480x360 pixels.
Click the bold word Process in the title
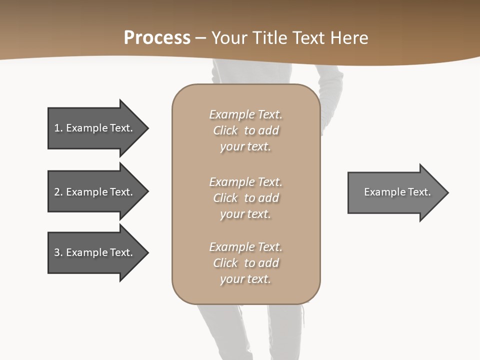coord(157,38)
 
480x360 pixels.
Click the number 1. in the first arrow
coord(58,128)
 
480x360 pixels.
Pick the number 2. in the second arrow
coord(58,192)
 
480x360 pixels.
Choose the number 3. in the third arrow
coord(58,252)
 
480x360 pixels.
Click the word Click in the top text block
coord(225,130)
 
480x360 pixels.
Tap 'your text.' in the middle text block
coord(245,214)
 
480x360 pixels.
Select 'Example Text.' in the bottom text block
coord(245,247)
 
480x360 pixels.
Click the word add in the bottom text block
coord(269,263)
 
